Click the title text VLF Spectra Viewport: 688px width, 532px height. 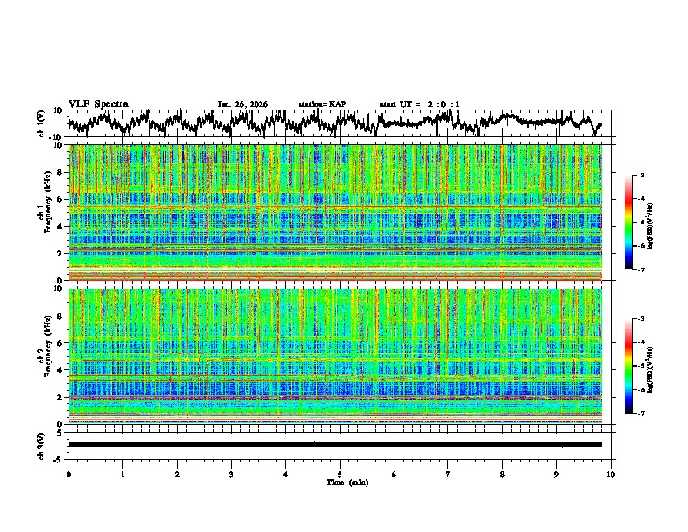tap(98, 103)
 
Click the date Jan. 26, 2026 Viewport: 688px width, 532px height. tap(242, 104)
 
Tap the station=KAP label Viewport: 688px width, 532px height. tap(322, 104)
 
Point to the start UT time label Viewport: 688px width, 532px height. tap(420, 104)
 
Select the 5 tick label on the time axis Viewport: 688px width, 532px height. tap(340, 475)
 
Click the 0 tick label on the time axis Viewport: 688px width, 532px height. tap(69, 475)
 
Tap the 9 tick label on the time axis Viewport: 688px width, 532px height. tap(557, 475)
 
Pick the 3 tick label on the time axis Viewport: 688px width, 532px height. tap(231, 475)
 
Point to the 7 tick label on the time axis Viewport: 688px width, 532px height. tap(448, 475)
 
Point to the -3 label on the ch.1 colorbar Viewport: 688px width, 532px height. tap(639, 176)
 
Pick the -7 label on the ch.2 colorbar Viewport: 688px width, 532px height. tap(639, 414)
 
